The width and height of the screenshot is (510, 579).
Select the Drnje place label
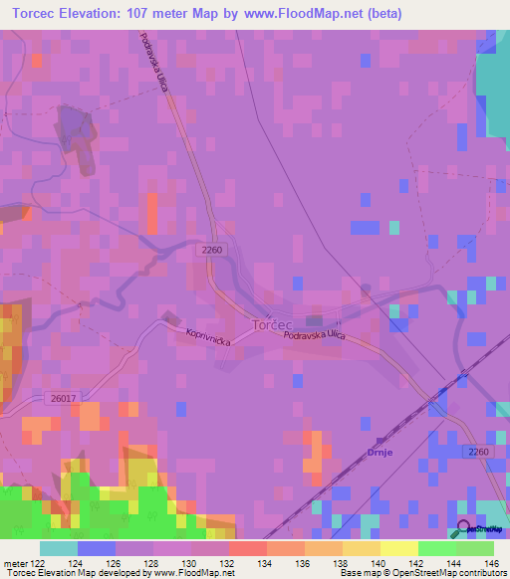(381, 452)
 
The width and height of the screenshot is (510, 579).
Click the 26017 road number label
(61, 398)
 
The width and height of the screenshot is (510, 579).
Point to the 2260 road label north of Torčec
(212, 249)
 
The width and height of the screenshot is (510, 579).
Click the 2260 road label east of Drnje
(477, 453)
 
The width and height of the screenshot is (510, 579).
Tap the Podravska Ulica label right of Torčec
(314, 335)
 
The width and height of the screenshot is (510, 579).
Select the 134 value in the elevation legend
(267, 563)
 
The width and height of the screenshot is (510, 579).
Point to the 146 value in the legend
(493, 563)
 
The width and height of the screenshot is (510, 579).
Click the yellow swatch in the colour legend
(397, 548)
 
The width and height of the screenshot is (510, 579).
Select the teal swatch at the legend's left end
(59, 548)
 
